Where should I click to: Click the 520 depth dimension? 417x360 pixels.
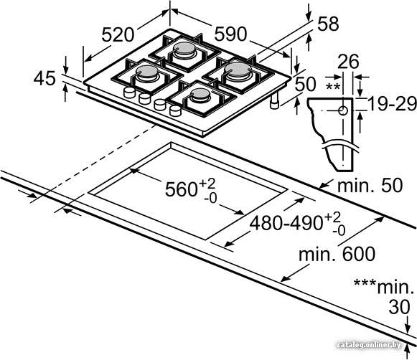(x=118, y=34)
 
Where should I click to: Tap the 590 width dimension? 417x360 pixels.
(x=230, y=34)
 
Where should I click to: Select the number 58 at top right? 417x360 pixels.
(x=328, y=24)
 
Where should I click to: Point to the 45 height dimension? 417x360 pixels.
(x=44, y=78)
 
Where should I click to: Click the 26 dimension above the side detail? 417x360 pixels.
(x=348, y=62)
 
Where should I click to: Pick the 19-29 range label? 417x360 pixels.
(x=392, y=103)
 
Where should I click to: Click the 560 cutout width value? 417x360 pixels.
(x=181, y=189)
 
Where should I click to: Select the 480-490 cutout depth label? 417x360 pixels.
(x=286, y=222)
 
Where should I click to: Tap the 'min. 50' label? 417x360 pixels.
(x=370, y=185)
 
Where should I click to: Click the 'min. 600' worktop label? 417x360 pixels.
(x=337, y=255)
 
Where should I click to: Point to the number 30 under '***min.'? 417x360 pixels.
(x=400, y=308)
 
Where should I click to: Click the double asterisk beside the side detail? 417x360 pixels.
(x=333, y=87)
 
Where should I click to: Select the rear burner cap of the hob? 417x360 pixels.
(x=184, y=48)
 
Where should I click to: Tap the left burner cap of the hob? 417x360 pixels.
(x=146, y=71)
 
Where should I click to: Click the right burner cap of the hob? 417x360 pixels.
(x=238, y=69)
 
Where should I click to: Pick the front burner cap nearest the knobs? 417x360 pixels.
(x=200, y=93)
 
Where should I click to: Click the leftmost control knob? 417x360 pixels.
(x=129, y=93)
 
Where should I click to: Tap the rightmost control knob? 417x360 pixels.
(x=175, y=110)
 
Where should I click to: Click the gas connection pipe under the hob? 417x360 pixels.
(x=274, y=101)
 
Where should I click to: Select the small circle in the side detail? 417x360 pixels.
(x=343, y=110)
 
